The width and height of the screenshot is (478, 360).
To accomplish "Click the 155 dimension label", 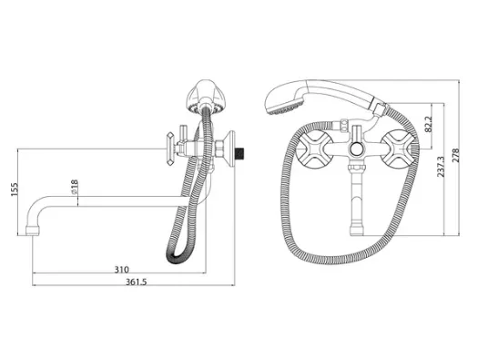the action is click(x=15, y=190).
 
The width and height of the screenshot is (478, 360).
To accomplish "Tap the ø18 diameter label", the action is click(x=75, y=187).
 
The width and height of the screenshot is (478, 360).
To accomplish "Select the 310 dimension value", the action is click(x=122, y=270).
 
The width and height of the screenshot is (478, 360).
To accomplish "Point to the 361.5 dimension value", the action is click(x=137, y=282).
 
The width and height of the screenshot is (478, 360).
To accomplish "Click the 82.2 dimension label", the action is click(x=428, y=124).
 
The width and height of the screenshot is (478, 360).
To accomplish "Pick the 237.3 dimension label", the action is click(x=441, y=167).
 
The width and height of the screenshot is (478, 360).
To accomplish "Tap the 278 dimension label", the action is click(x=455, y=156).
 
